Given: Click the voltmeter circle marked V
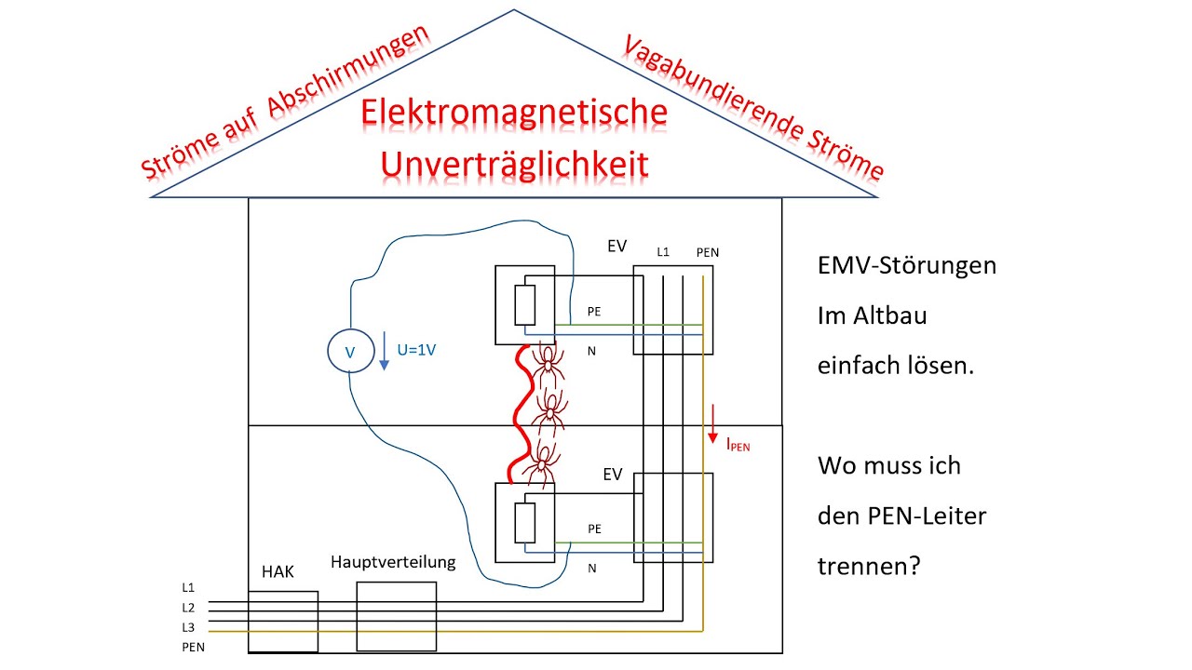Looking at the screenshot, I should [x=349, y=351].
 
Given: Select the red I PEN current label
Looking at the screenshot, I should [x=738, y=445].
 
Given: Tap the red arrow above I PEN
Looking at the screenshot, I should [x=713, y=422].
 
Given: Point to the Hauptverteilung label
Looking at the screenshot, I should [x=393, y=562].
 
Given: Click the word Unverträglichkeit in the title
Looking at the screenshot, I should [x=514, y=164].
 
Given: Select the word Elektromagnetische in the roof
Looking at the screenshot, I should [x=514, y=113].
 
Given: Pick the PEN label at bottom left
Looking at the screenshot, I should [x=193, y=647].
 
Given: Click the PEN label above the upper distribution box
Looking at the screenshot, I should [x=707, y=252].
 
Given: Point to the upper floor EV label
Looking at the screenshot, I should [x=616, y=247].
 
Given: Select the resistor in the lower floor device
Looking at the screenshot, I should [x=524, y=524].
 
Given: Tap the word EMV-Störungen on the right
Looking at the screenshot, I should [x=907, y=265].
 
